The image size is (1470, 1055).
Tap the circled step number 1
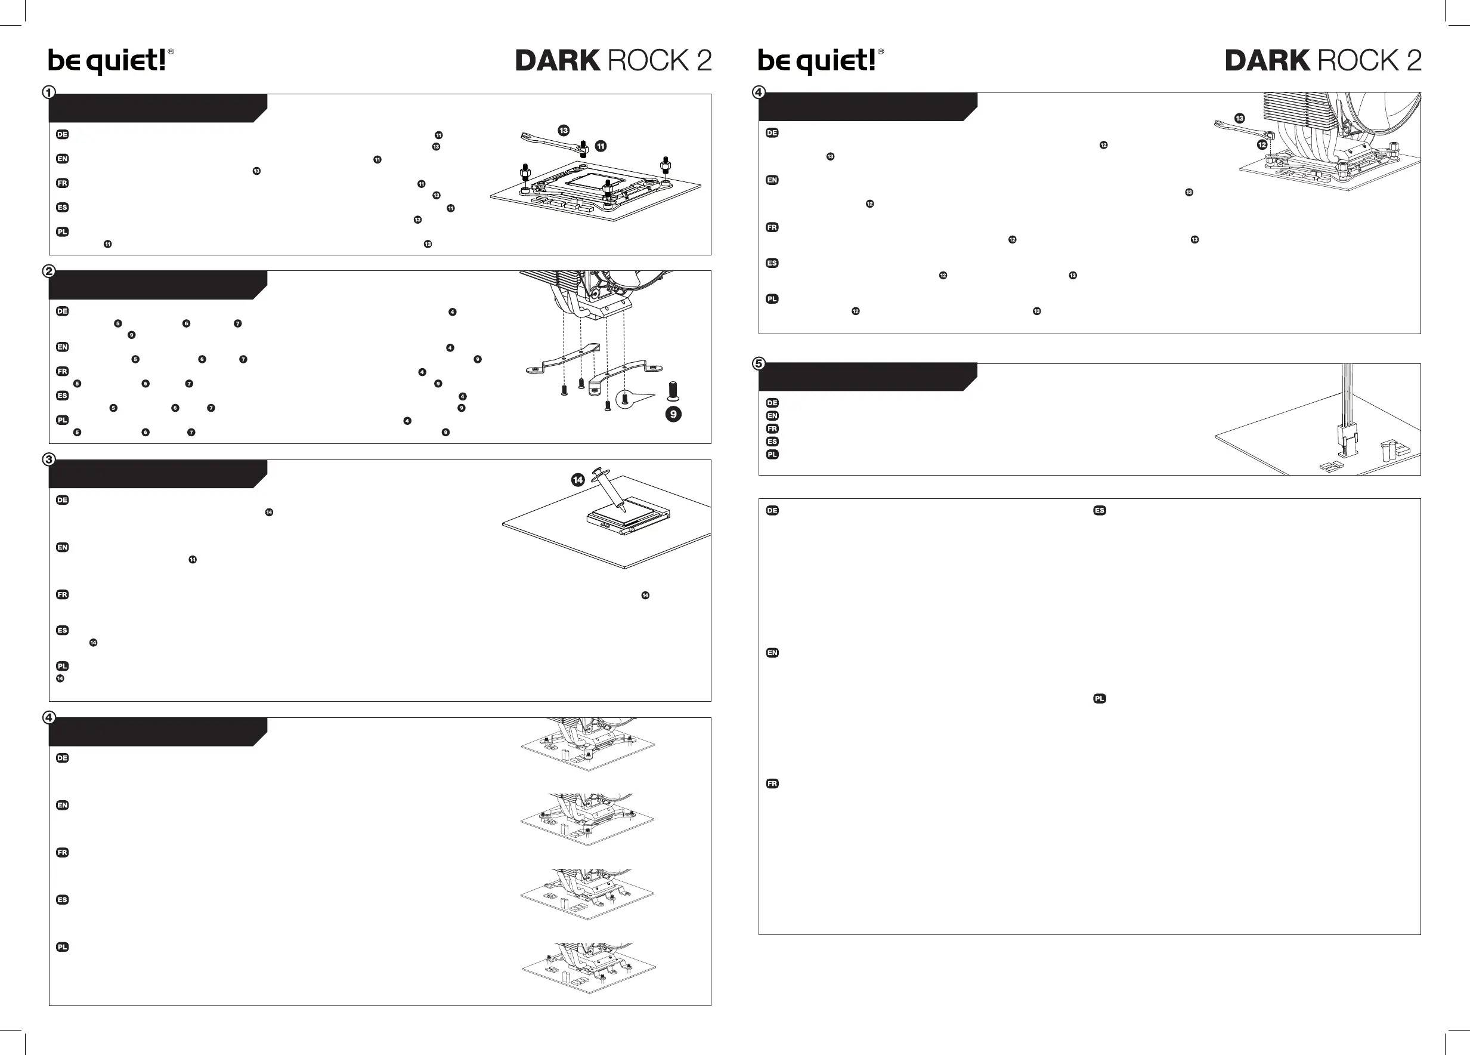pos(49,92)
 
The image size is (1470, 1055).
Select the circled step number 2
pos(49,271)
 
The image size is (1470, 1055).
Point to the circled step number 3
pos(49,459)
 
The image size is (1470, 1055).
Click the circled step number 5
pos(759,364)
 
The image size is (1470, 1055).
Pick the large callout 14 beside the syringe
pos(577,480)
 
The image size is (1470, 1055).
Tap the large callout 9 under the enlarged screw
pos(673,414)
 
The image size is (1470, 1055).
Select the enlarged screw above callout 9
pos(673,391)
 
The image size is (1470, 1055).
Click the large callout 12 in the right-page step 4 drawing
pos(1262,144)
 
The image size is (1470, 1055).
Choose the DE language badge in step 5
pos(772,403)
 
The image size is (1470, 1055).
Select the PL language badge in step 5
pos(772,455)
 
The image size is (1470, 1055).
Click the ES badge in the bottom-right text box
pos(1099,510)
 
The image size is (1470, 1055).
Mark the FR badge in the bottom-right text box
pos(772,783)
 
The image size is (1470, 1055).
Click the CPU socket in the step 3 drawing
pos(627,516)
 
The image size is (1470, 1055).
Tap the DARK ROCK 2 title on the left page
pos(613,61)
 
